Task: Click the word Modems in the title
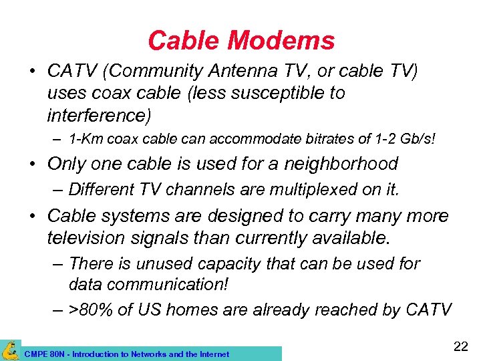tap(281, 41)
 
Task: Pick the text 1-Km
tap(86, 140)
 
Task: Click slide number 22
tap(461, 346)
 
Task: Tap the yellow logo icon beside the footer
tap(10, 350)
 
